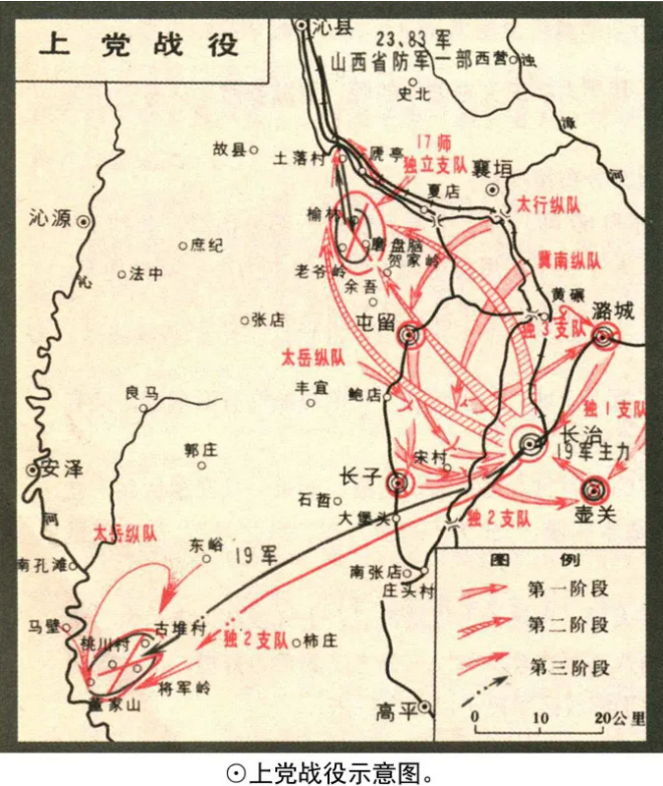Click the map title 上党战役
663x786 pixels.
pyautogui.click(x=138, y=45)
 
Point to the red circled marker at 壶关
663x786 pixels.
pyautogui.click(x=594, y=488)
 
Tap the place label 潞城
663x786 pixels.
pyautogui.click(x=614, y=311)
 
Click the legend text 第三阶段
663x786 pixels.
pyautogui.click(x=569, y=668)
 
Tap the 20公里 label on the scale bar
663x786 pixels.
pyautogui.click(x=620, y=718)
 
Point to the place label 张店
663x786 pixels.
pyautogui.click(x=268, y=318)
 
